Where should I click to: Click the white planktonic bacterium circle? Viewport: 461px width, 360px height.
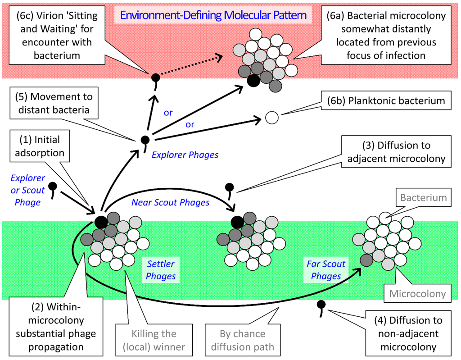tap(271, 118)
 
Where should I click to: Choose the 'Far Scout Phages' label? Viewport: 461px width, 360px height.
tap(325, 270)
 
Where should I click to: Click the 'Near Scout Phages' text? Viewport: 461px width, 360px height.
tap(170, 203)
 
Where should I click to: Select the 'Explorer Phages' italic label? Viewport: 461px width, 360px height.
tap(185, 155)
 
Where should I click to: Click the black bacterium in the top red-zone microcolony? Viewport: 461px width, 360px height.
tap(253, 80)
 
